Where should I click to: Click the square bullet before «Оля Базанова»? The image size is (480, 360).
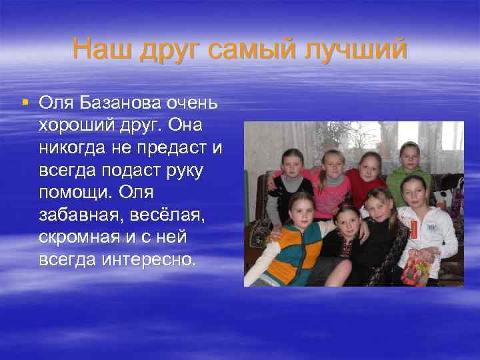coord(25,103)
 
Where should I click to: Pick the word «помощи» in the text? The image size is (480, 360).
coord(75,192)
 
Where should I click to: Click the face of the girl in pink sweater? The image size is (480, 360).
coord(331,163)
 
